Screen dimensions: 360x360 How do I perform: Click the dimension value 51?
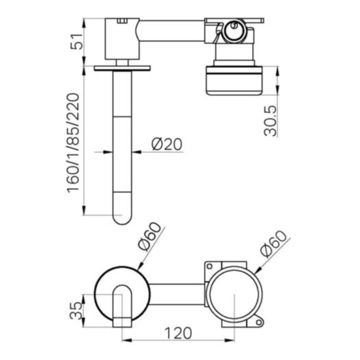(x=76, y=41)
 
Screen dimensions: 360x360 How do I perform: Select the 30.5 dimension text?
(x=271, y=121)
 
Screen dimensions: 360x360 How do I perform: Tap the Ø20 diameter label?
(x=167, y=144)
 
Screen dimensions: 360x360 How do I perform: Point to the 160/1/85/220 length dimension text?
(x=73, y=142)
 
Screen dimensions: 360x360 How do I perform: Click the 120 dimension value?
(x=178, y=333)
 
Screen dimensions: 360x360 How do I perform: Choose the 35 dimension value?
(x=76, y=310)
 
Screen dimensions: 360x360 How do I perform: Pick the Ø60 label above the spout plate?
(x=150, y=236)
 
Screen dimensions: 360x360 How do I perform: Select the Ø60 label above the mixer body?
(x=274, y=244)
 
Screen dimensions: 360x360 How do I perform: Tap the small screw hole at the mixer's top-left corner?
(x=209, y=266)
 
